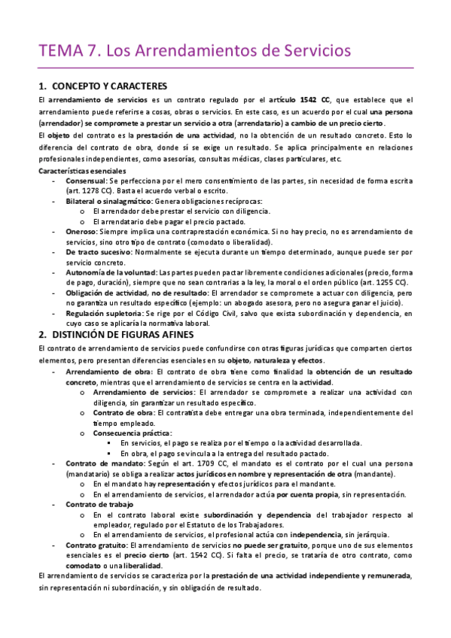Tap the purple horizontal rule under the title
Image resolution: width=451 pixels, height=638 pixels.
coord(226,68)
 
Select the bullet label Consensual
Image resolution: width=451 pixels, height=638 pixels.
coord(86,182)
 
